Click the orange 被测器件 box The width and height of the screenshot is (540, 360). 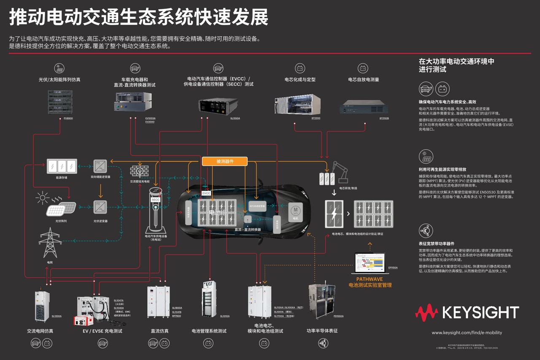point(224,161)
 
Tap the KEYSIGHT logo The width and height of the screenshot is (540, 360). point(467,312)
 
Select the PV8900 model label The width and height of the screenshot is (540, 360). point(68,119)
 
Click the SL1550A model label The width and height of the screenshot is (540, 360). point(235,119)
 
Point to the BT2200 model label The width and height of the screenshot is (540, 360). point(316,119)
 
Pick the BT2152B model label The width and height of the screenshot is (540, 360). point(384,119)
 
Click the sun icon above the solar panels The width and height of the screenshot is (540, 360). point(43,198)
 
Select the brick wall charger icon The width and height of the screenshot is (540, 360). point(139,171)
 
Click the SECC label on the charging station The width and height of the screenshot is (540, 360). point(156,200)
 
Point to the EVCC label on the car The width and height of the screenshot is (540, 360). point(206,193)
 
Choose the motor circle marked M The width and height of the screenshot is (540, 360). point(295,210)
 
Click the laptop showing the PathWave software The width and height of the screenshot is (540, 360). point(370,263)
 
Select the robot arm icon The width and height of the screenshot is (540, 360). point(339,170)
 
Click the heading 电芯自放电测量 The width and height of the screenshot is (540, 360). point(363,79)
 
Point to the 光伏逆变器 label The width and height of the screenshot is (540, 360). point(100,221)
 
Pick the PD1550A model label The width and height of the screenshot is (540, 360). point(338,316)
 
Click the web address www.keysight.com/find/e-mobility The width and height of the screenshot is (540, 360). point(467,333)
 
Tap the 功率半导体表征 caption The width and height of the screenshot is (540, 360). point(322,331)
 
